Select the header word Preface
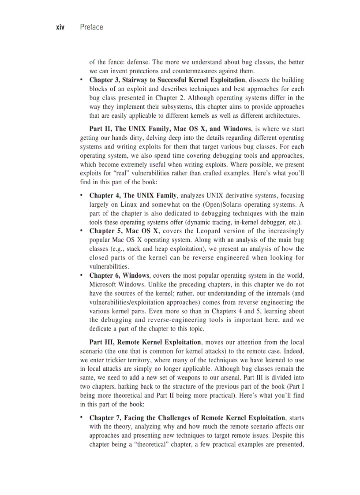click(91, 27)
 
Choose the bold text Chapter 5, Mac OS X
click(124, 231)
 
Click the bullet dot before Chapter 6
click(82, 275)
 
